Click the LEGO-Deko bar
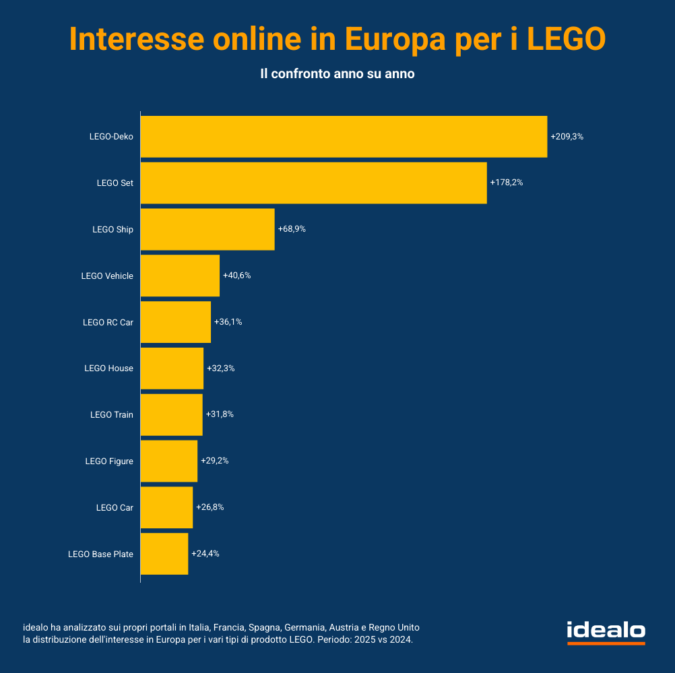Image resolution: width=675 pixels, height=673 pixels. click(344, 137)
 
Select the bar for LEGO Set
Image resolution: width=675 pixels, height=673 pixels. click(313, 183)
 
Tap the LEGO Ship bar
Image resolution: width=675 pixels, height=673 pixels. click(207, 229)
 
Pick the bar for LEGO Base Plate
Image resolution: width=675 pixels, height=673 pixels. click(164, 554)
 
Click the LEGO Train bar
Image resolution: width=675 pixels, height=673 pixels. click(171, 414)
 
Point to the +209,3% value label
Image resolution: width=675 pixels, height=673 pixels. click(567, 137)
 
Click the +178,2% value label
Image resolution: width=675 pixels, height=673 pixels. click(507, 183)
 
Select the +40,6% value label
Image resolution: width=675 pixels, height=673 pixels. click(236, 276)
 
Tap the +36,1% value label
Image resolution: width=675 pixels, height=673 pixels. click(228, 322)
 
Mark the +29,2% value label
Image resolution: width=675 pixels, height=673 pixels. click(215, 461)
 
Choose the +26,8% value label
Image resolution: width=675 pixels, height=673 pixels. click(210, 507)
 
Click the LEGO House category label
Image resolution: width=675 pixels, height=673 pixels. click(108, 368)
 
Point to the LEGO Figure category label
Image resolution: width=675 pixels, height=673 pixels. click(109, 461)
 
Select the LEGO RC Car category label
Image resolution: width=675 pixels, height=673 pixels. click(108, 322)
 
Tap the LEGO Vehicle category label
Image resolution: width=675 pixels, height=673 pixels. click(107, 276)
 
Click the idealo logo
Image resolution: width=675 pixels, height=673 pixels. click(606, 632)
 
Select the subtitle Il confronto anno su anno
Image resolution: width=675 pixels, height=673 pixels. click(337, 74)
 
